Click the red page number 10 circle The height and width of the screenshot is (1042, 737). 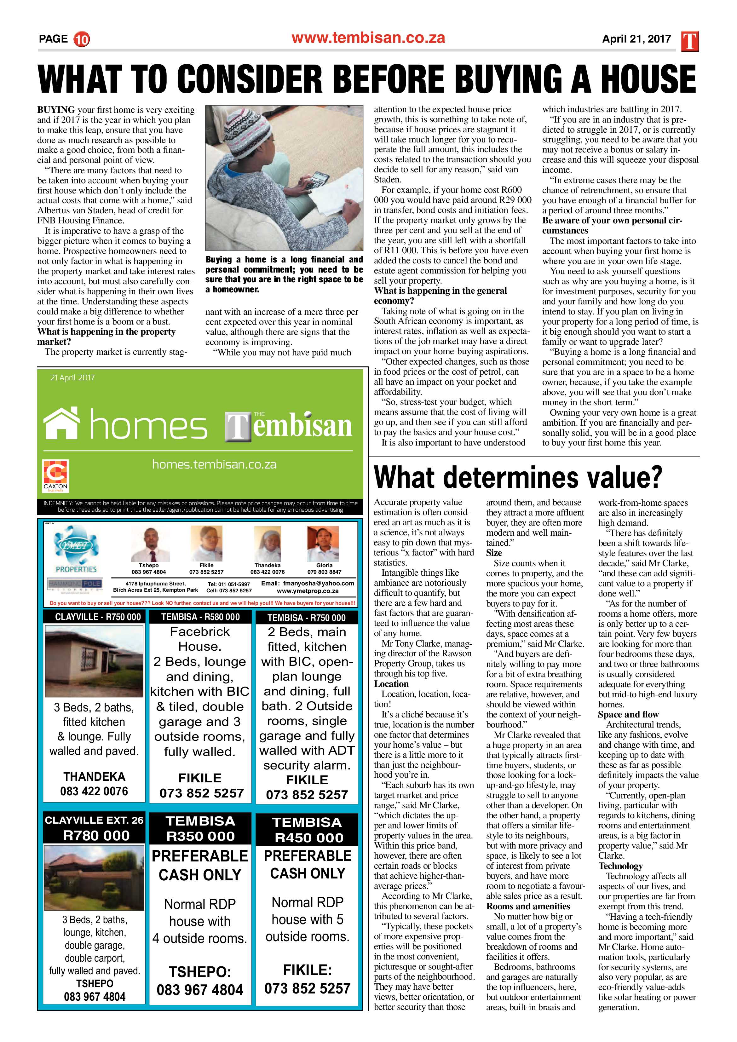click(82, 39)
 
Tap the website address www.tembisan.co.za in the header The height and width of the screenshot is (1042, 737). click(368, 38)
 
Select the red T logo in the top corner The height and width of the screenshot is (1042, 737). click(690, 41)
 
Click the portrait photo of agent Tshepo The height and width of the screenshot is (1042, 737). click(148, 544)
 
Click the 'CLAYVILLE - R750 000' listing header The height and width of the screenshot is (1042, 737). click(95, 617)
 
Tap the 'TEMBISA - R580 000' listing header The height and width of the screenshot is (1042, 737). click(201, 617)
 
